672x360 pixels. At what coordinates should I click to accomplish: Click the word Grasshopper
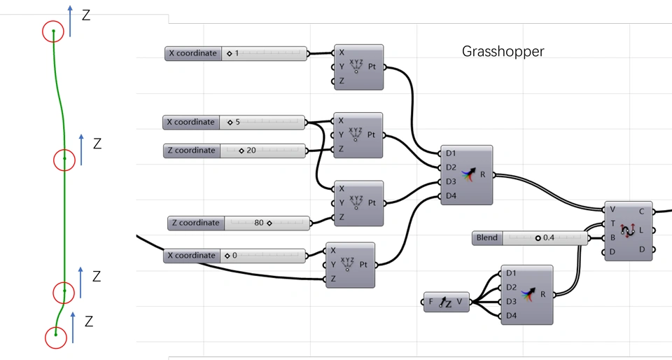coord(503,51)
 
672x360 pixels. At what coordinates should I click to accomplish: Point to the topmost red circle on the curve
coord(54,32)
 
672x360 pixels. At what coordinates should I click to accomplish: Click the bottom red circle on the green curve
coord(56,338)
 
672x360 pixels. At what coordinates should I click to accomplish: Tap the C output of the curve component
coord(642,210)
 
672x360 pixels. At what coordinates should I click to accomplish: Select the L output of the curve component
coord(642,230)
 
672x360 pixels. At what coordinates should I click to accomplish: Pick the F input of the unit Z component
coord(431,303)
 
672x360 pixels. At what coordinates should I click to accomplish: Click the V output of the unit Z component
coord(459,303)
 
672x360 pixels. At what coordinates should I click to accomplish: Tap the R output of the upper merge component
coord(483,174)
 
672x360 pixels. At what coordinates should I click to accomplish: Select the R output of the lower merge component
coord(543,294)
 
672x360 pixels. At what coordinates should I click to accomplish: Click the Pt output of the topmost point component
coord(372,67)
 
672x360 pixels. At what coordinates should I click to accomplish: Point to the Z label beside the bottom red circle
coord(89,321)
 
